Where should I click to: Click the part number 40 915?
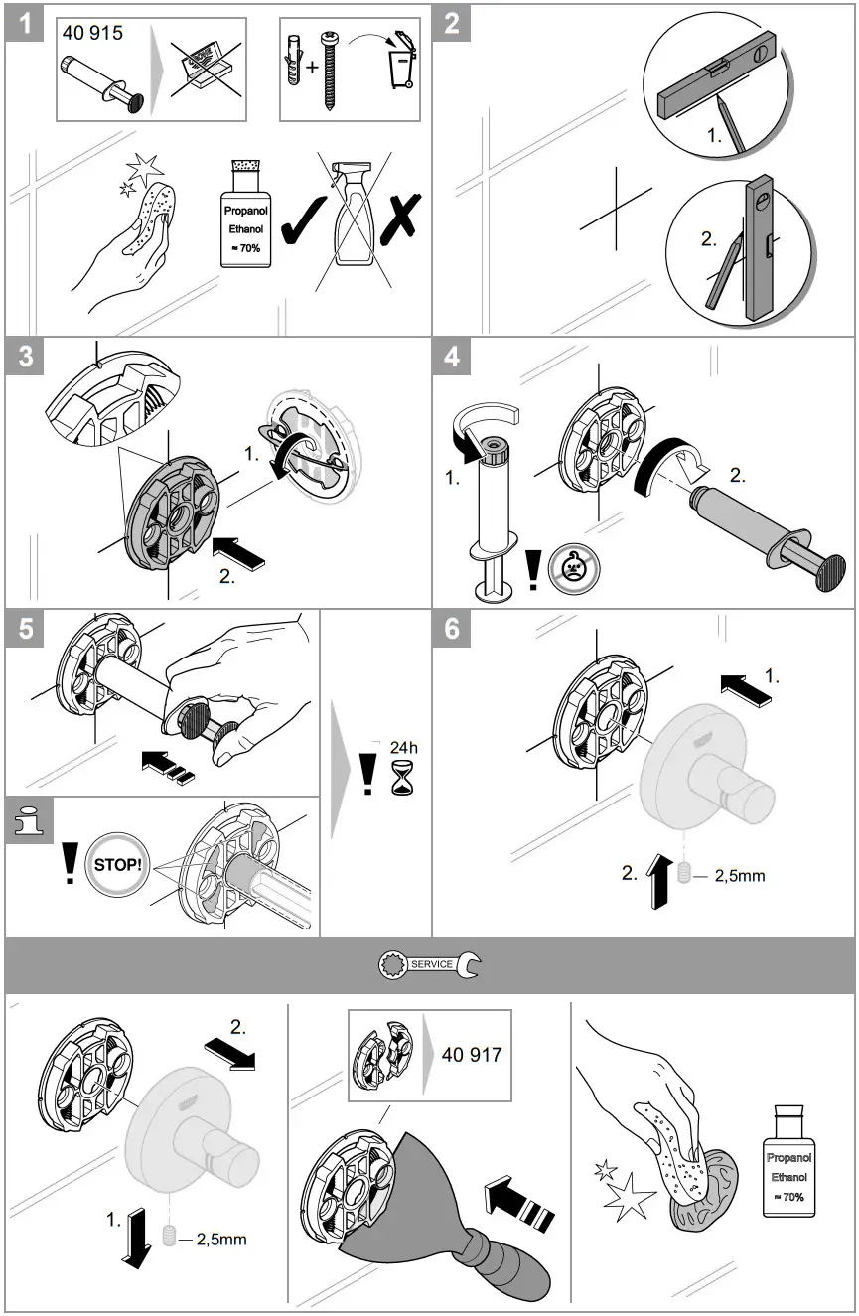93,33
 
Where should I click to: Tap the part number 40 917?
471,1054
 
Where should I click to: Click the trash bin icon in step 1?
403,66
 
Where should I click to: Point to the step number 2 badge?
451,22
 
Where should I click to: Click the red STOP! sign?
117,863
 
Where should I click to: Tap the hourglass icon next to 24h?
404,782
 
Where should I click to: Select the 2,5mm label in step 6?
740,876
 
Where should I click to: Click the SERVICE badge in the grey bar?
429,964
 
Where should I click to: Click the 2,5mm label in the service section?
221,1239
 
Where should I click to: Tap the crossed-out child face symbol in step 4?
573,571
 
